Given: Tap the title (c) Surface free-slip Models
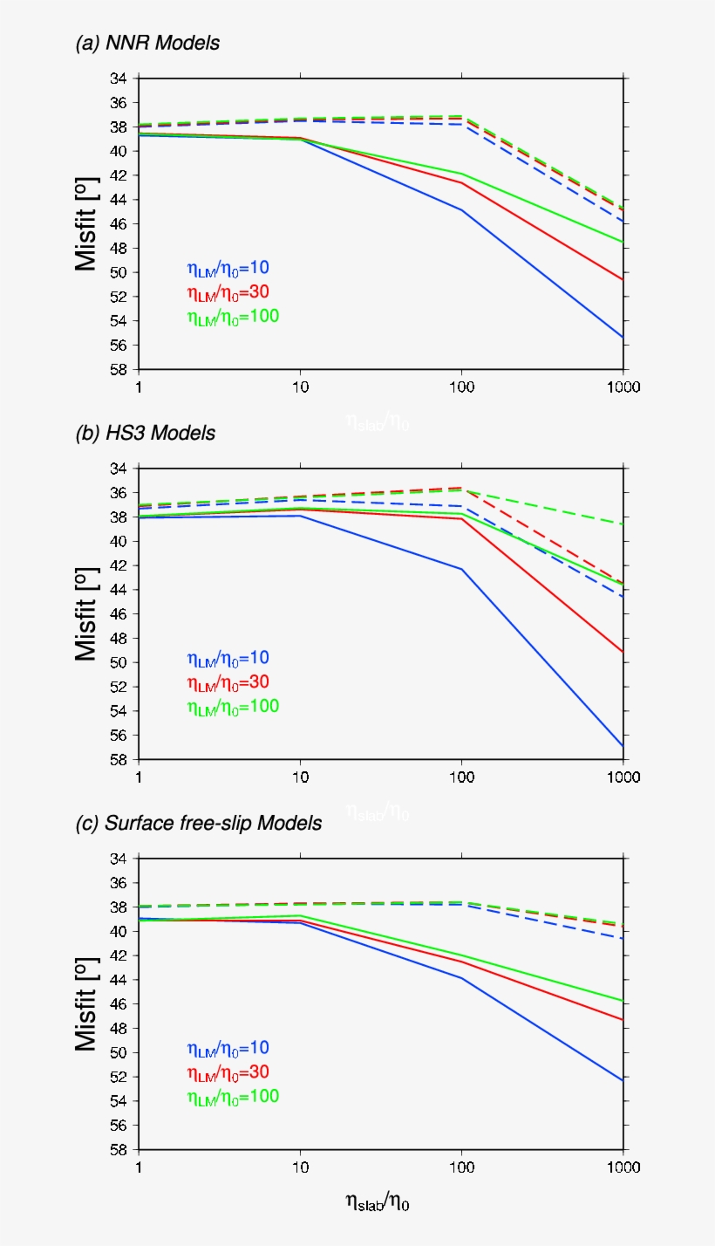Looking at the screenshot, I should point(199,823).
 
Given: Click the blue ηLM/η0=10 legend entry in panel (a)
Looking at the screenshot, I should point(227,268).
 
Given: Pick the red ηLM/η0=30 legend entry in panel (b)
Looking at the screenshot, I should point(227,682).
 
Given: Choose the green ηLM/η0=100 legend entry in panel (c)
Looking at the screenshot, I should point(232,1097).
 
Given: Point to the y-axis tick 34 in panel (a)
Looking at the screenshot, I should point(119,79).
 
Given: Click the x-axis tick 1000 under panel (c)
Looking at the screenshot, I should point(623,1167).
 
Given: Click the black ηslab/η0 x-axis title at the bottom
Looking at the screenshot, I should point(378,1202).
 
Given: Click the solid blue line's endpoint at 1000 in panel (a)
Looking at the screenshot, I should point(623,337).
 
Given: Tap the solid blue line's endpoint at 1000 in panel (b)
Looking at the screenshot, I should point(623,747).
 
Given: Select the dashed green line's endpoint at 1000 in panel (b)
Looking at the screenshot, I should point(623,524).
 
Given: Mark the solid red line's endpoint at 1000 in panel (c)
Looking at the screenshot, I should point(623,1020).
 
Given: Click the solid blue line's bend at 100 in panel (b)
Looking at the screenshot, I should point(461,569).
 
